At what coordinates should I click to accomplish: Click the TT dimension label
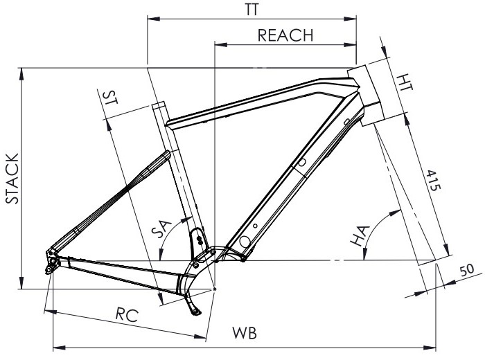tap(252, 10)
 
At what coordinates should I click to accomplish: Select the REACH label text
tap(285, 35)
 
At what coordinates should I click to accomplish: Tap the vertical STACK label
tap(12, 179)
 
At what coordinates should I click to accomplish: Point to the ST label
tap(110, 97)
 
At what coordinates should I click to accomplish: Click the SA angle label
tap(161, 228)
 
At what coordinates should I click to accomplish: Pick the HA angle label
tap(360, 236)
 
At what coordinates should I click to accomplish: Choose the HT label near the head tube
tap(405, 82)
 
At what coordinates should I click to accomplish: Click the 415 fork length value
tap(433, 180)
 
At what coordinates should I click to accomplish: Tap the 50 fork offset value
tap(467, 271)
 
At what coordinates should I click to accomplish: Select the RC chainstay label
tap(127, 315)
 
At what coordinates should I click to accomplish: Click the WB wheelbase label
tap(245, 333)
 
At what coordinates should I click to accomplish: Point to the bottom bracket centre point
tap(215, 289)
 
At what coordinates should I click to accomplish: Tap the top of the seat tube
tap(159, 105)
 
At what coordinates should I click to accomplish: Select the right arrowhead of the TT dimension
tap(351, 19)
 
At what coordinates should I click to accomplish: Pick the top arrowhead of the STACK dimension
tap(21, 74)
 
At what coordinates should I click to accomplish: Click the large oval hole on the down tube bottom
tap(245, 242)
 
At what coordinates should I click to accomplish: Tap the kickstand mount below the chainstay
tap(193, 307)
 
